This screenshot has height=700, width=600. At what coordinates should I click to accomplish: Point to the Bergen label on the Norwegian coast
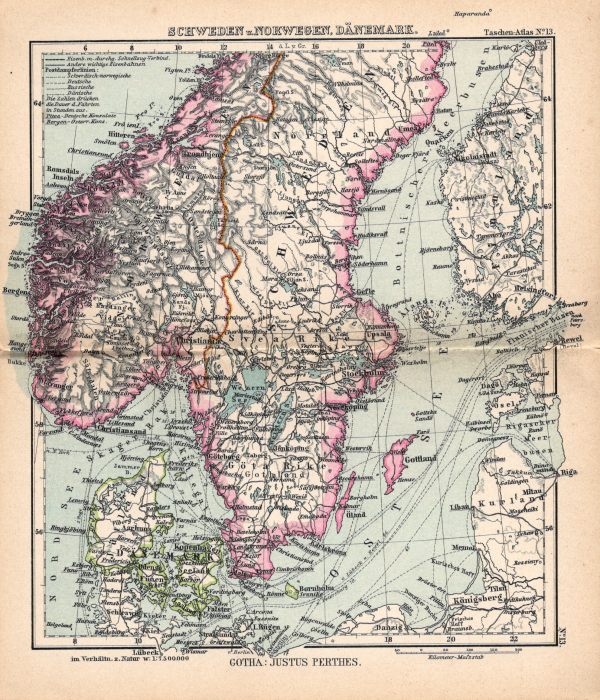click(15, 288)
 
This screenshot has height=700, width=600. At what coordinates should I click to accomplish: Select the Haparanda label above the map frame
click(474, 15)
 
